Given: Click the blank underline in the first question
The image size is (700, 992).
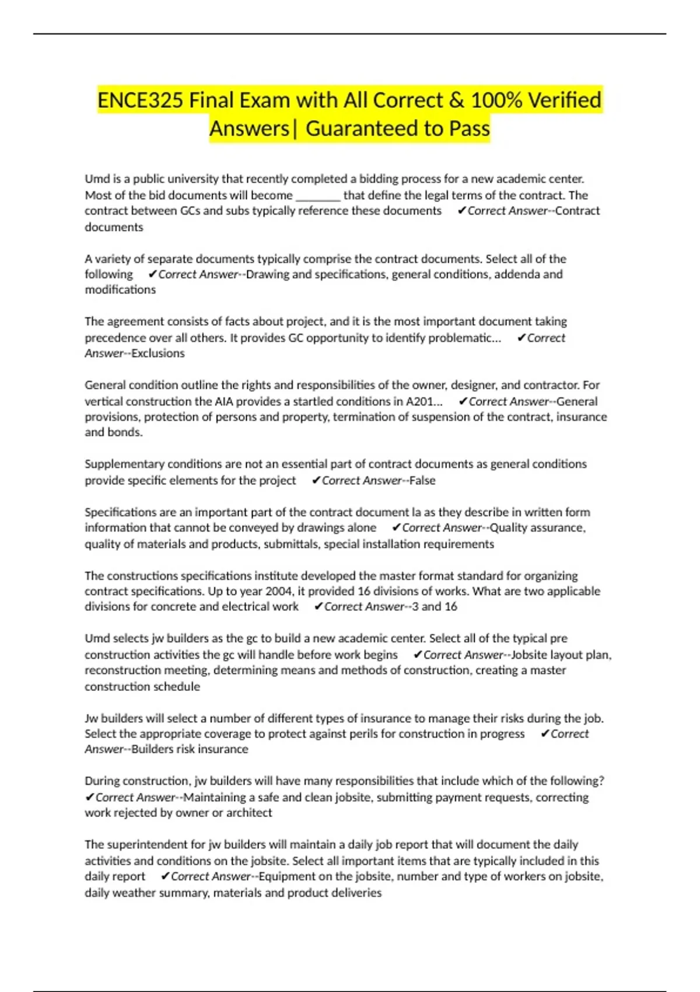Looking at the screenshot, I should [x=318, y=196].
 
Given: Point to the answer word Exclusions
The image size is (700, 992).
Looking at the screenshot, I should [x=158, y=354].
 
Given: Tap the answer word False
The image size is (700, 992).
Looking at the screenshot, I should [x=422, y=481].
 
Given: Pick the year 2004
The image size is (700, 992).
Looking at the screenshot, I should [x=279, y=591].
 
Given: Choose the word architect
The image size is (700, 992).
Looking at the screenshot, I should [x=249, y=813].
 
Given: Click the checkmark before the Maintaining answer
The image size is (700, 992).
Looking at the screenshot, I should [x=89, y=798].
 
